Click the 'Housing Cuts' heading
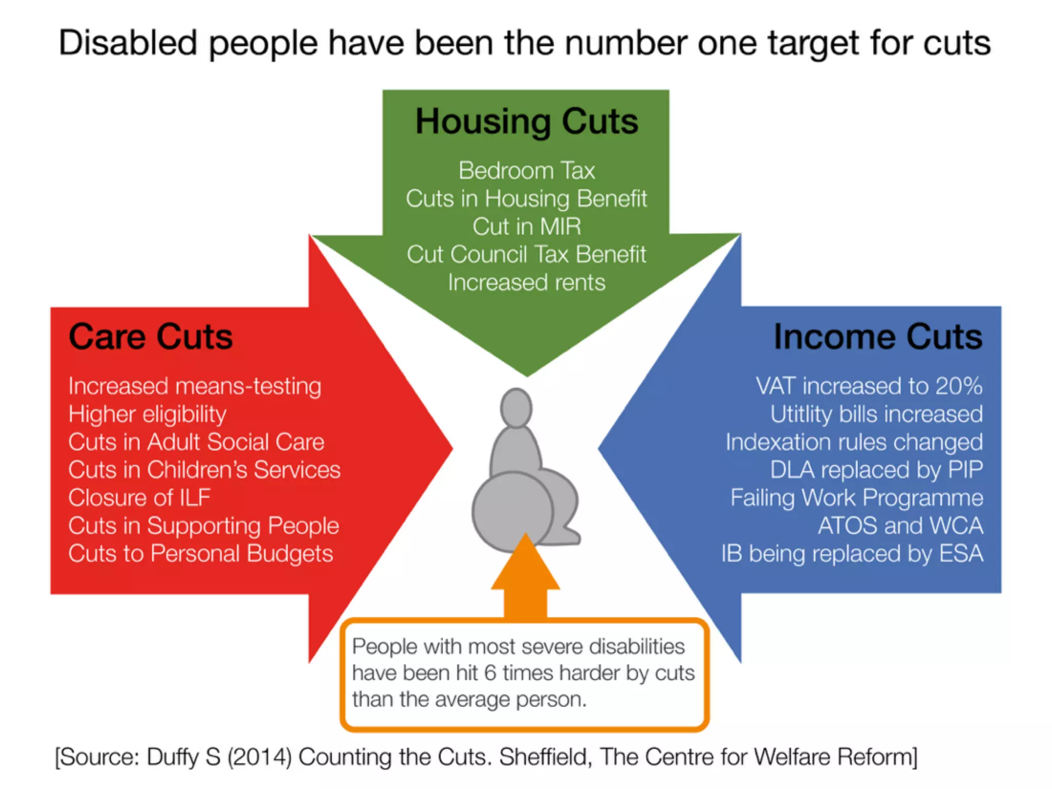527,122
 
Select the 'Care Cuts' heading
151,337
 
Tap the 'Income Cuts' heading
878,337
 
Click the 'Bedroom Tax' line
527,171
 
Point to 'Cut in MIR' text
527,227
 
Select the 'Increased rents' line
527,283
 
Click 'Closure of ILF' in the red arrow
140,498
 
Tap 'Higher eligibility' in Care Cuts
147,414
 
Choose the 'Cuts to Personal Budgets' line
201,554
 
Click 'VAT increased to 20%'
869,386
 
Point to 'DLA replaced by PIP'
876,470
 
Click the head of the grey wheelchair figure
516,408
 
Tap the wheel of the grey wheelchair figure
512,511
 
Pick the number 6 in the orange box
490,673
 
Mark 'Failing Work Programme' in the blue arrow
857,498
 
